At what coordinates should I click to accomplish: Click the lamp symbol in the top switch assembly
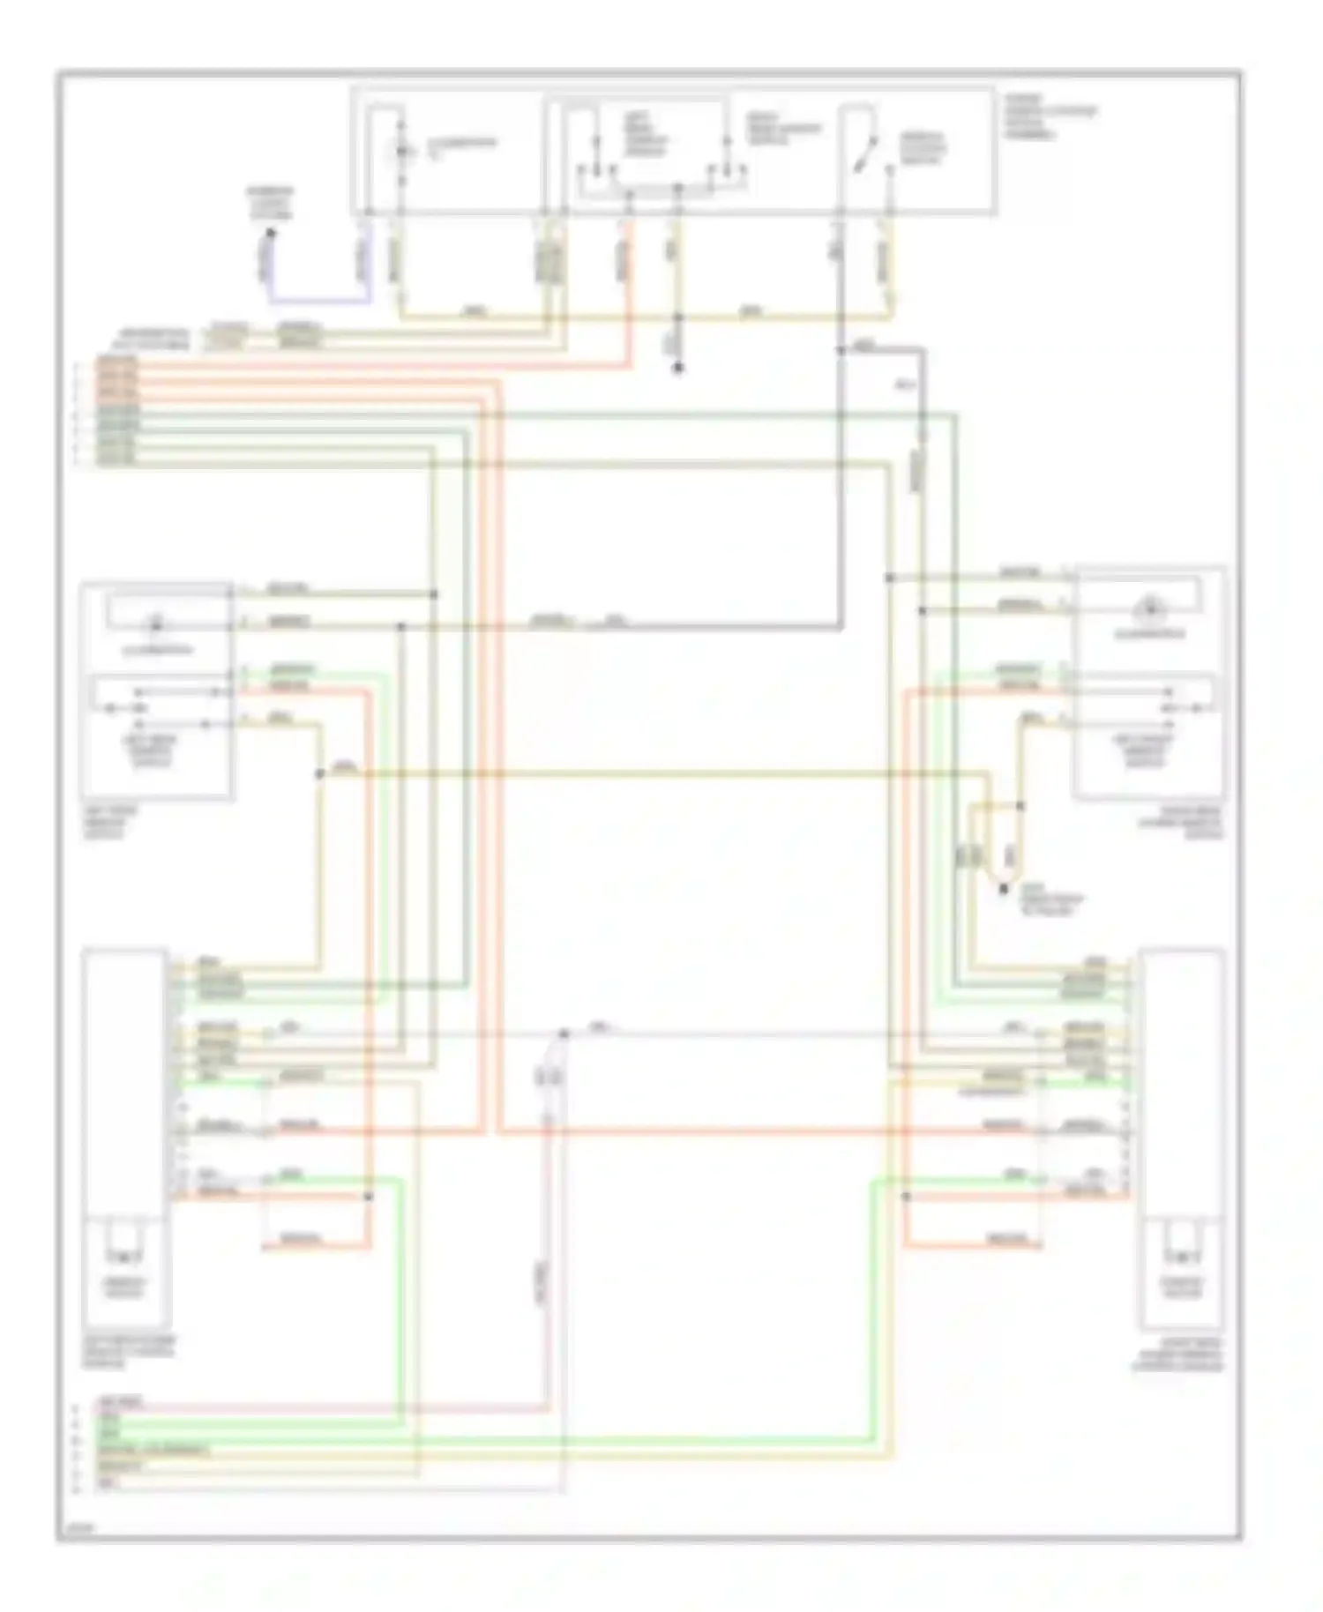click(403, 152)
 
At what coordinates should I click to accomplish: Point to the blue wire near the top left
click(318, 301)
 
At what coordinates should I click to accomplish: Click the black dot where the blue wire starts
click(271, 234)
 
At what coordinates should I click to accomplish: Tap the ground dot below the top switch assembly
click(677, 368)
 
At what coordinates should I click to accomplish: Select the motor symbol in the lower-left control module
click(123, 1255)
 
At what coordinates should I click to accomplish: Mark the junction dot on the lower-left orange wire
click(369, 1196)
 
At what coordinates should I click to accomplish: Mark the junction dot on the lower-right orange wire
click(906, 1196)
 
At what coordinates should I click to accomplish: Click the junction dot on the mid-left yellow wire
click(319, 773)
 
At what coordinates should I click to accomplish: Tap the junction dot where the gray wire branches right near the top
click(840, 350)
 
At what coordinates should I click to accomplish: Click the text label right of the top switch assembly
click(1050, 117)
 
